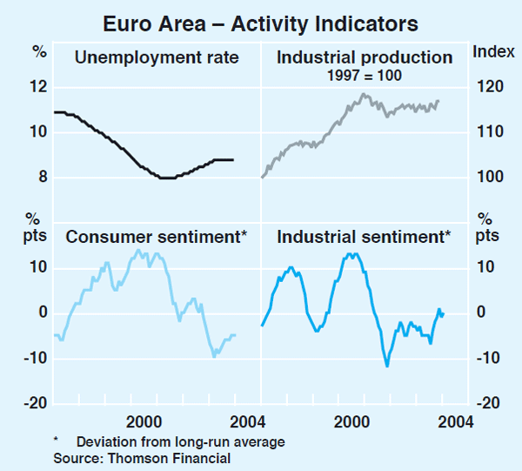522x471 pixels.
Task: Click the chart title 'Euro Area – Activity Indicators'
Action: [x=260, y=21]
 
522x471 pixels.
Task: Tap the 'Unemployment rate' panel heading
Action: [x=157, y=59]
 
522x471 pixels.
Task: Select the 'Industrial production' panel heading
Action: [x=365, y=58]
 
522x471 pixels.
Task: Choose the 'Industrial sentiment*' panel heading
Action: [x=363, y=236]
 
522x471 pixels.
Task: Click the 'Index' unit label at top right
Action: [x=493, y=51]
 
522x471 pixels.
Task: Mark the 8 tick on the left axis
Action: [x=40, y=178]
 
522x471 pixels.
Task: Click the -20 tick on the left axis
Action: [x=35, y=403]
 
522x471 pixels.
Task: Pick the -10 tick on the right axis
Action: [x=489, y=358]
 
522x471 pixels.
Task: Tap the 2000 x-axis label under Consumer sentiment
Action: [x=144, y=421]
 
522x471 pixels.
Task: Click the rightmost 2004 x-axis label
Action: [x=454, y=421]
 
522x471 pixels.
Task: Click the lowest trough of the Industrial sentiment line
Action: [x=386, y=366]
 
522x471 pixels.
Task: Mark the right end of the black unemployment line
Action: [x=233, y=159]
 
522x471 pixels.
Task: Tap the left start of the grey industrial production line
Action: [x=262, y=178]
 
